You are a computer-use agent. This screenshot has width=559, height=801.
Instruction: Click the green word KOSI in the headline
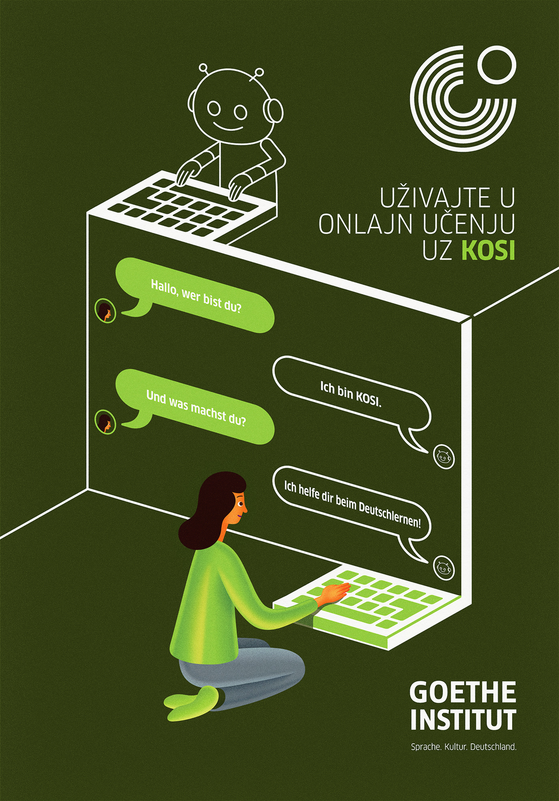pyautogui.click(x=489, y=251)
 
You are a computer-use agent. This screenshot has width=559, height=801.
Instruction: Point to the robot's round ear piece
pyautogui.click(x=273, y=111)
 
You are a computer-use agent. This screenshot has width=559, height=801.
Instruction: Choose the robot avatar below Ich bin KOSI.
pyautogui.click(x=444, y=456)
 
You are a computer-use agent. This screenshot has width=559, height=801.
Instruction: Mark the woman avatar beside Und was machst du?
pyautogui.click(x=105, y=422)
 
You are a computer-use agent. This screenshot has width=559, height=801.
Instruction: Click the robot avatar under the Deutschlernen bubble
pyautogui.click(x=444, y=568)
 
